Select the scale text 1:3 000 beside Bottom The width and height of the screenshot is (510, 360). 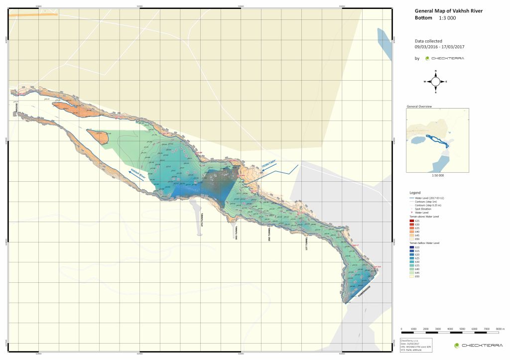pyautogui.click(x=447, y=18)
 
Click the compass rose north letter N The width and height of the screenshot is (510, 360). pyautogui.click(x=435, y=71)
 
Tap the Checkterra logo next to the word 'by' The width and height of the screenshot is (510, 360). pyautogui.click(x=444, y=58)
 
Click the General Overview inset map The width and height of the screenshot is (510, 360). pyautogui.click(x=437, y=140)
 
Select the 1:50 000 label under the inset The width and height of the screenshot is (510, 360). pyautogui.click(x=437, y=175)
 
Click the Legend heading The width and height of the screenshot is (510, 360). pyautogui.click(x=415, y=192)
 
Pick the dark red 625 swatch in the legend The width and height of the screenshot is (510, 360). pyautogui.click(x=411, y=221)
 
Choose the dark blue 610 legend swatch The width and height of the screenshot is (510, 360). pyautogui.click(x=411, y=247)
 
